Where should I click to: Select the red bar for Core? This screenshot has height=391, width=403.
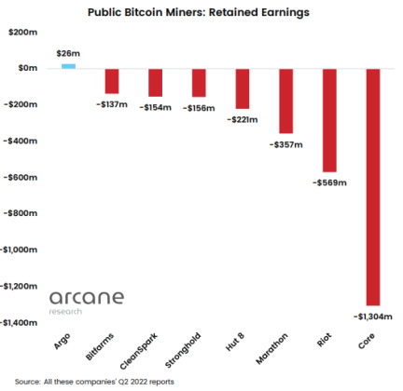373,186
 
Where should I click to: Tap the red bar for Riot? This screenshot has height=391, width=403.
329,120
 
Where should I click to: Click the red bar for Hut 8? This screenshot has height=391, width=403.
243,88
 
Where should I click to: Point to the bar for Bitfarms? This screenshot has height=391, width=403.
112,81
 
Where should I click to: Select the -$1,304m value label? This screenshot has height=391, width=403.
373,317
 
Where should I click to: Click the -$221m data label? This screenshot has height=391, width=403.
243,119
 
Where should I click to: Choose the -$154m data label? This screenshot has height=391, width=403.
155,107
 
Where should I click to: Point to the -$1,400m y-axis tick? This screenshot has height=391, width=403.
17,322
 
